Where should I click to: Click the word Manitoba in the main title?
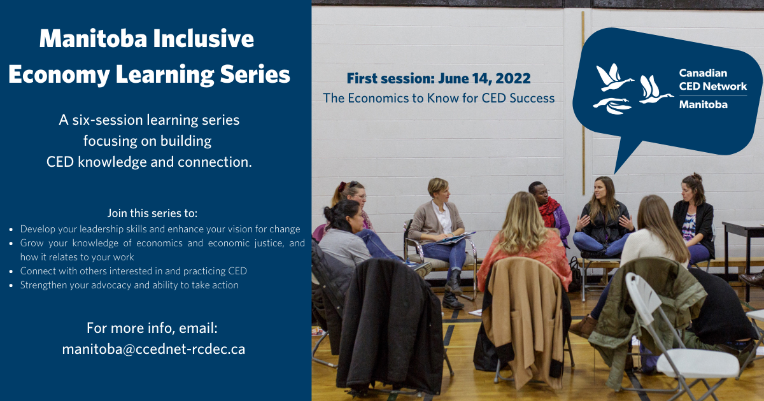click(x=93, y=38)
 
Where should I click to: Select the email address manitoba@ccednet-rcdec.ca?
click(x=153, y=349)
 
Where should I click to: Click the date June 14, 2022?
click(x=485, y=79)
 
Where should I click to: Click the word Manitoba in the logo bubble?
click(x=703, y=104)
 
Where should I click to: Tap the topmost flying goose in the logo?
click(x=614, y=77)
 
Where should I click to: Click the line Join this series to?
click(x=152, y=213)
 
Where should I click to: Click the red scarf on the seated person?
click(x=548, y=211)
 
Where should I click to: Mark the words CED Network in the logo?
click(x=713, y=87)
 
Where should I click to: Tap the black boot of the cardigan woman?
click(x=453, y=300)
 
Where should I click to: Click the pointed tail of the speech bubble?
click(x=615, y=173)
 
